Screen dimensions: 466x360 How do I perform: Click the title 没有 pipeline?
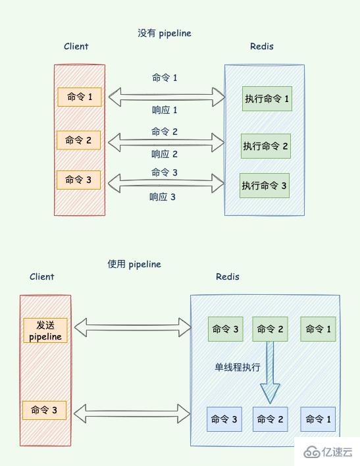point(165,33)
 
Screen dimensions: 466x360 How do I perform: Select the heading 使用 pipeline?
point(134,264)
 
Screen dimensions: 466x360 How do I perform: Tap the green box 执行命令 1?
point(267,99)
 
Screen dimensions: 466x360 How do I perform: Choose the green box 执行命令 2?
point(265,146)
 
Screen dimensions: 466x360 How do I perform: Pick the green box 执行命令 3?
point(265,186)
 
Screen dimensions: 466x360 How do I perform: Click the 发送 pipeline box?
point(45,330)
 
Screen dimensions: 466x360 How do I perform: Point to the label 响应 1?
point(165,110)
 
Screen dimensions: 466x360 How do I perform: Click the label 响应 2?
point(165,154)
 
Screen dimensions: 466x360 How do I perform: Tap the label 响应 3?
point(163,196)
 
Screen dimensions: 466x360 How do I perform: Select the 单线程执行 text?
point(237,367)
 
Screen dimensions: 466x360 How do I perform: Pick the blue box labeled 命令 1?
point(318,419)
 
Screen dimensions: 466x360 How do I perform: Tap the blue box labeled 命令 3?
point(224,419)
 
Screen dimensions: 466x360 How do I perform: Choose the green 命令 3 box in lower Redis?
point(225,329)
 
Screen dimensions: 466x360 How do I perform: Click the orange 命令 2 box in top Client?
point(79,140)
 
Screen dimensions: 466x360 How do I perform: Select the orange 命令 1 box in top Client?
point(79,97)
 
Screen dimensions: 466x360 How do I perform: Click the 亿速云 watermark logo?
point(327,452)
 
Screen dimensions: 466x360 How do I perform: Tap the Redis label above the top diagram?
point(262,46)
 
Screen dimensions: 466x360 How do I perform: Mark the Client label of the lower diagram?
point(42,276)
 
